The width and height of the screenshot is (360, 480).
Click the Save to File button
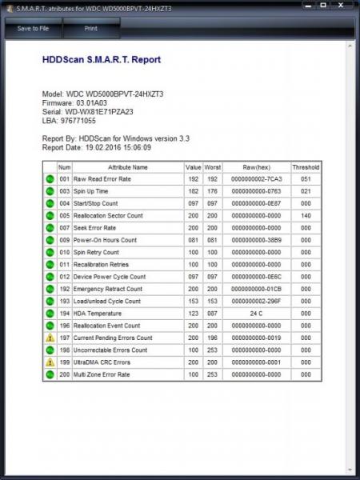(x=33, y=28)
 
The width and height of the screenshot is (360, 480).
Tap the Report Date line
(x=96, y=148)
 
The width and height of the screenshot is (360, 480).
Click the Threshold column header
(x=306, y=167)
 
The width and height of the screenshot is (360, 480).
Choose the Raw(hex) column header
(x=257, y=167)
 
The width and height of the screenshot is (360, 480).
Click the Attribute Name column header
(x=128, y=167)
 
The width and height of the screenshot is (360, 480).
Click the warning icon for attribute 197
(x=50, y=338)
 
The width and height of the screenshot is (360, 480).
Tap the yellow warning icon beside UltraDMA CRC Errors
(x=50, y=362)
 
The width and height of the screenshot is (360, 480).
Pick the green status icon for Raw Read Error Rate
(x=50, y=179)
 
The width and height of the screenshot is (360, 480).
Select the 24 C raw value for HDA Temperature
(x=257, y=314)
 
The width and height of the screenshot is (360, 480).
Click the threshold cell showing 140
(x=306, y=216)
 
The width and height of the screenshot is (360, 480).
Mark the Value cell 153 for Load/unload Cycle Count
(x=193, y=302)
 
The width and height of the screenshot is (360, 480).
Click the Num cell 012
(x=65, y=277)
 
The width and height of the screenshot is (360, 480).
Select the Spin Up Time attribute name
(x=93, y=192)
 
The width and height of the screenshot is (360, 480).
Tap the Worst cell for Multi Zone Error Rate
(x=213, y=374)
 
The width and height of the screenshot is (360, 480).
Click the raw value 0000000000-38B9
(x=257, y=240)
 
